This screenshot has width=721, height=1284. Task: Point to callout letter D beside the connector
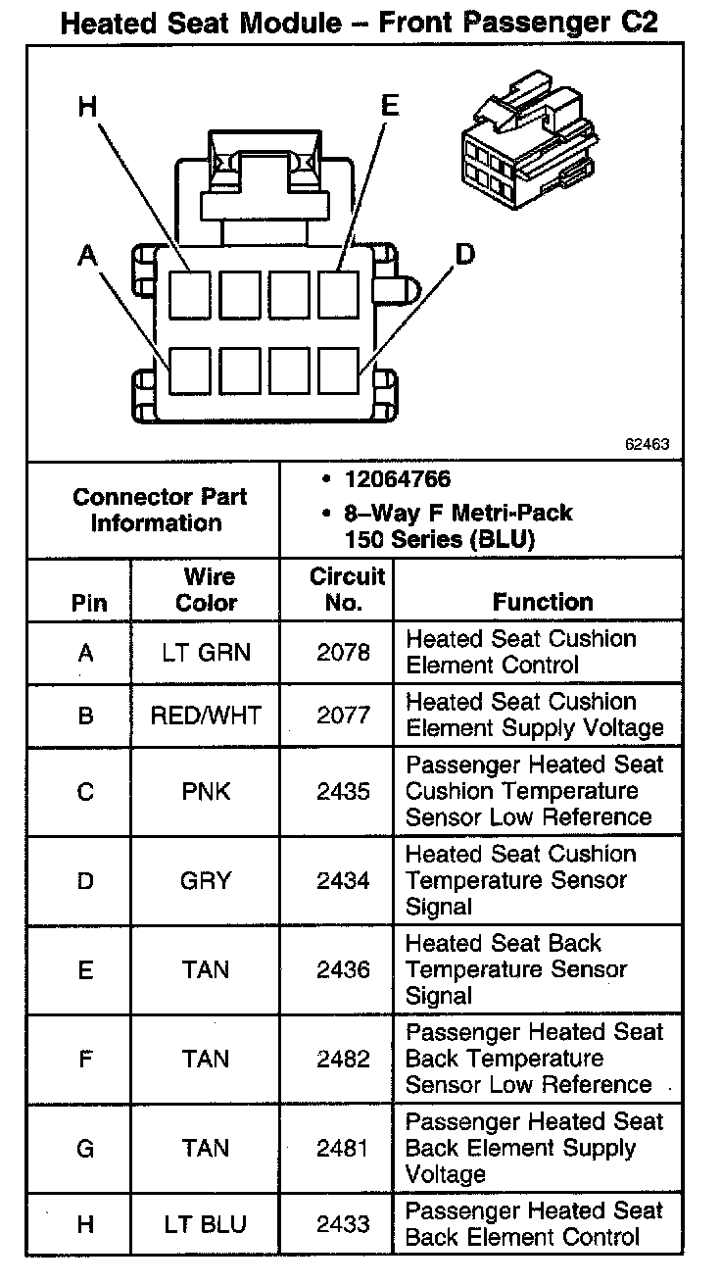(464, 255)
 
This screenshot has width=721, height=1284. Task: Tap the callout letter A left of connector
(89, 256)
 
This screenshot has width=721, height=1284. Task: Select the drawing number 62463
(647, 444)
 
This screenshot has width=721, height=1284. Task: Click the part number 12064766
(397, 479)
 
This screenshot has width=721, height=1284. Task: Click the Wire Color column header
(206, 589)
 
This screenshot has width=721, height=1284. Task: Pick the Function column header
(542, 602)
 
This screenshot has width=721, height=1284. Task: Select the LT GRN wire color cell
(206, 653)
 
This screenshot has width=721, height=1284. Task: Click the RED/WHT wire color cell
(206, 716)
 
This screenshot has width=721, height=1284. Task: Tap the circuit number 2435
(343, 791)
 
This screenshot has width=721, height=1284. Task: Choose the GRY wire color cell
(206, 880)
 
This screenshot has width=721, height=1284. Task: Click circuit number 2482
(343, 1059)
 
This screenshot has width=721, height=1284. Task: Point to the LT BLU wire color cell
(206, 1224)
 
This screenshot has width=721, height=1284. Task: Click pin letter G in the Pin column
(85, 1148)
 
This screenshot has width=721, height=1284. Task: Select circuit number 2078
(343, 653)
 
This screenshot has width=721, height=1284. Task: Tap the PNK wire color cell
(206, 791)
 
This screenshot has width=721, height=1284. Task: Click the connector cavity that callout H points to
(190, 294)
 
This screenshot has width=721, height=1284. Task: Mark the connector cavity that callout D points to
(340, 370)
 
